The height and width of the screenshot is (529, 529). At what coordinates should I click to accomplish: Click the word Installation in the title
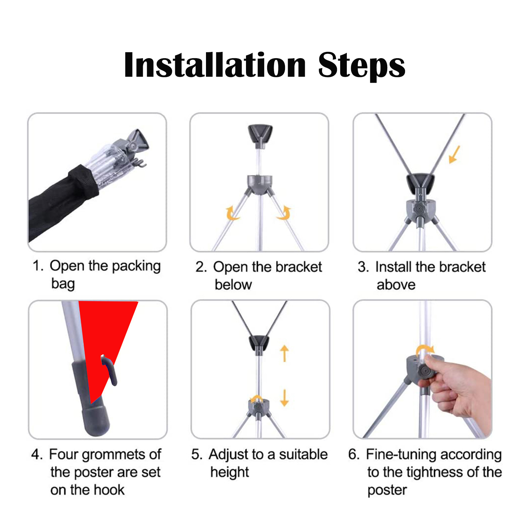(x=215, y=65)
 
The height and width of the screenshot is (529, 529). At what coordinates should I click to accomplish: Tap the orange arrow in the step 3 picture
(x=454, y=154)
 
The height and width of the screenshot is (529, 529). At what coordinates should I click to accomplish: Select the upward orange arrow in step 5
(x=284, y=353)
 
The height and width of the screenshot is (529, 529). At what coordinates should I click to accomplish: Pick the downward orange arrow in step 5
(x=284, y=398)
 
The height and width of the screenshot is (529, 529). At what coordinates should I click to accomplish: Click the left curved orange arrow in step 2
(x=232, y=213)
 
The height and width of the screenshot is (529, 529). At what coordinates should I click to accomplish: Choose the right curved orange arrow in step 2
(x=284, y=213)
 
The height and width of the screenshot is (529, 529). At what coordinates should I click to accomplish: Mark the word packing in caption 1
(x=136, y=266)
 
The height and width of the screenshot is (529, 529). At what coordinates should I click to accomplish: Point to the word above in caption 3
(x=396, y=285)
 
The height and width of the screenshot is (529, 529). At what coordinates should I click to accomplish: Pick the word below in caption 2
(x=233, y=285)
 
